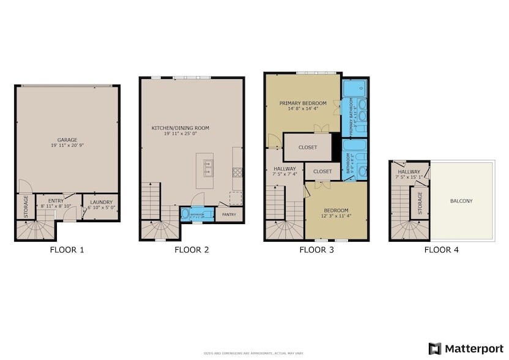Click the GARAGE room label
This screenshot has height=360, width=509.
(67, 140)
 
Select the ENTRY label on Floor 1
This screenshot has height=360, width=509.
(56, 201)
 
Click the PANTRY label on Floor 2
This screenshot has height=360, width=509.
(229, 215)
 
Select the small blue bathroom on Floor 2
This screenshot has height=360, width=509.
(197, 214)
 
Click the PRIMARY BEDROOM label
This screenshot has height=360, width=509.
(303, 103)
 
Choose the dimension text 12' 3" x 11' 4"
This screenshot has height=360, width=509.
(336, 216)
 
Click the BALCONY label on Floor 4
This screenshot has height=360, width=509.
(461, 201)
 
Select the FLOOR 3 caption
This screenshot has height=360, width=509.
(315, 250)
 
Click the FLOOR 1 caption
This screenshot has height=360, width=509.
(67, 250)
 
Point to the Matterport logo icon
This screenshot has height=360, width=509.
(435, 348)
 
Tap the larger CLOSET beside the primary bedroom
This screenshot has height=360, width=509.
(308, 148)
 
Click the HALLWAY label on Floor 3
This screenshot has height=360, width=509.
(284, 168)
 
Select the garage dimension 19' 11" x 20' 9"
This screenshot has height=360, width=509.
(67, 146)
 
